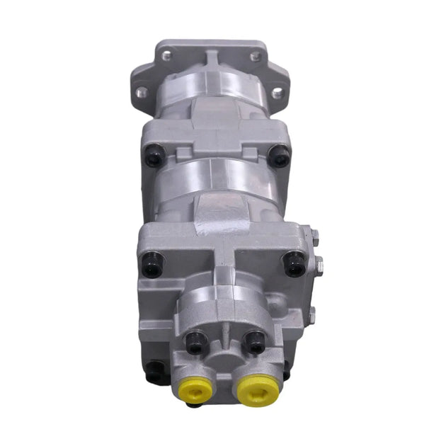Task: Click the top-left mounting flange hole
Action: (166, 55)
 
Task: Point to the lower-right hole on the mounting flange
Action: (277, 93)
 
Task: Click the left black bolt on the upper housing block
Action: (154, 156)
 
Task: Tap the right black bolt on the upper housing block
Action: (280, 156)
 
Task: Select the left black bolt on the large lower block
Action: (151, 263)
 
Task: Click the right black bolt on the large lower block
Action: (293, 264)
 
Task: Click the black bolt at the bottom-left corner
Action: (154, 371)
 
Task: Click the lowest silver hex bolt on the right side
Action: (315, 317)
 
